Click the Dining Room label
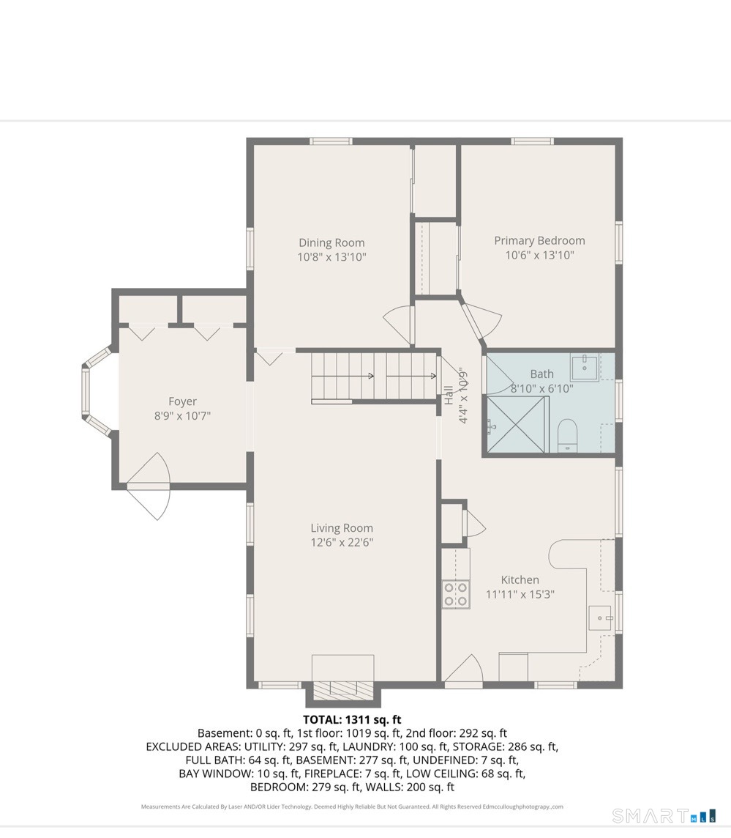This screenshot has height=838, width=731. pyautogui.click(x=331, y=242)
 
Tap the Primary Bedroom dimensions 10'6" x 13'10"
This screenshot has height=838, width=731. pyautogui.click(x=539, y=255)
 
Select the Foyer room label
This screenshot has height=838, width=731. pyautogui.click(x=183, y=401)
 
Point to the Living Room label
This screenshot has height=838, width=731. pyautogui.click(x=342, y=528)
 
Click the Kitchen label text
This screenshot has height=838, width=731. pyautogui.click(x=520, y=580)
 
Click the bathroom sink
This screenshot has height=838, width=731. pyautogui.click(x=585, y=366)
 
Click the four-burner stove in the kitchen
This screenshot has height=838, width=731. pyautogui.click(x=456, y=594)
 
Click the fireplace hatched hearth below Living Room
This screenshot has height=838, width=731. pyautogui.click(x=342, y=691)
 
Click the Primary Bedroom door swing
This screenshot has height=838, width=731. pyautogui.click(x=481, y=320)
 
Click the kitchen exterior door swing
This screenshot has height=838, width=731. pyautogui.click(x=463, y=669)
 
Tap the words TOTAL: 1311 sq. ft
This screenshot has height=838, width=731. pyautogui.click(x=352, y=719)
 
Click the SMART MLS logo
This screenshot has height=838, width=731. pyautogui.click(x=664, y=815)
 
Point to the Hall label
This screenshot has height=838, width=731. pyautogui.click(x=449, y=395)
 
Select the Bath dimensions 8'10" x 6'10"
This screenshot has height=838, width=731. pyautogui.click(x=542, y=388)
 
